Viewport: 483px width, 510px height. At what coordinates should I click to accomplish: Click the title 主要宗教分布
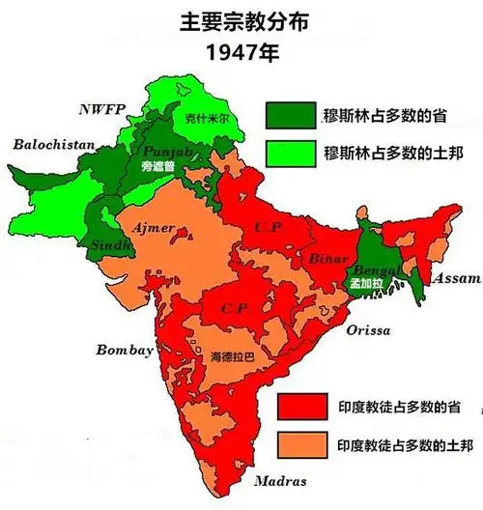(x=241, y=20)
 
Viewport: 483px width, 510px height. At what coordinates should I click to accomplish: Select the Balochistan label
(x=54, y=145)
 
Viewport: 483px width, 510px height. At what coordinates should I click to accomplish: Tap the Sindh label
(x=110, y=246)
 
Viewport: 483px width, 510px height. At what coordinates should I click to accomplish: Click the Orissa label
(x=368, y=330)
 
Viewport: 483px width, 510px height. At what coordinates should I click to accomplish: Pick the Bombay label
(x=124, y=350)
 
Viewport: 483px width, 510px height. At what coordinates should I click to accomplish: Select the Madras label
(x=280, y=480)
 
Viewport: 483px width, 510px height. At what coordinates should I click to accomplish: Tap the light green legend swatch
(x=291, y=153)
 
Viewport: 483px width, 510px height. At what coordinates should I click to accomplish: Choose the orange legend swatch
(x=301, y=444)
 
